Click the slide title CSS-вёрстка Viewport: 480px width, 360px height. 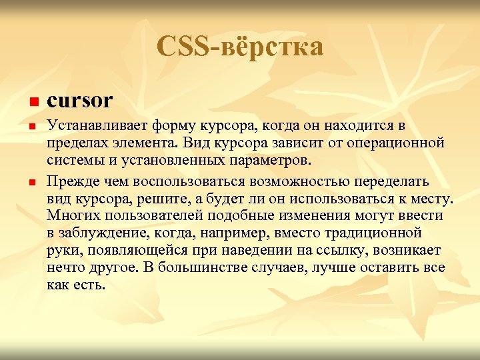click(x=240, y=47)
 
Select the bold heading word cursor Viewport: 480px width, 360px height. click(x=80, y=101)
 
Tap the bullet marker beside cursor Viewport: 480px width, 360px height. click(x=31, y=103)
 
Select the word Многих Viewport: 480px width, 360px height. click(x=73, y=215)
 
